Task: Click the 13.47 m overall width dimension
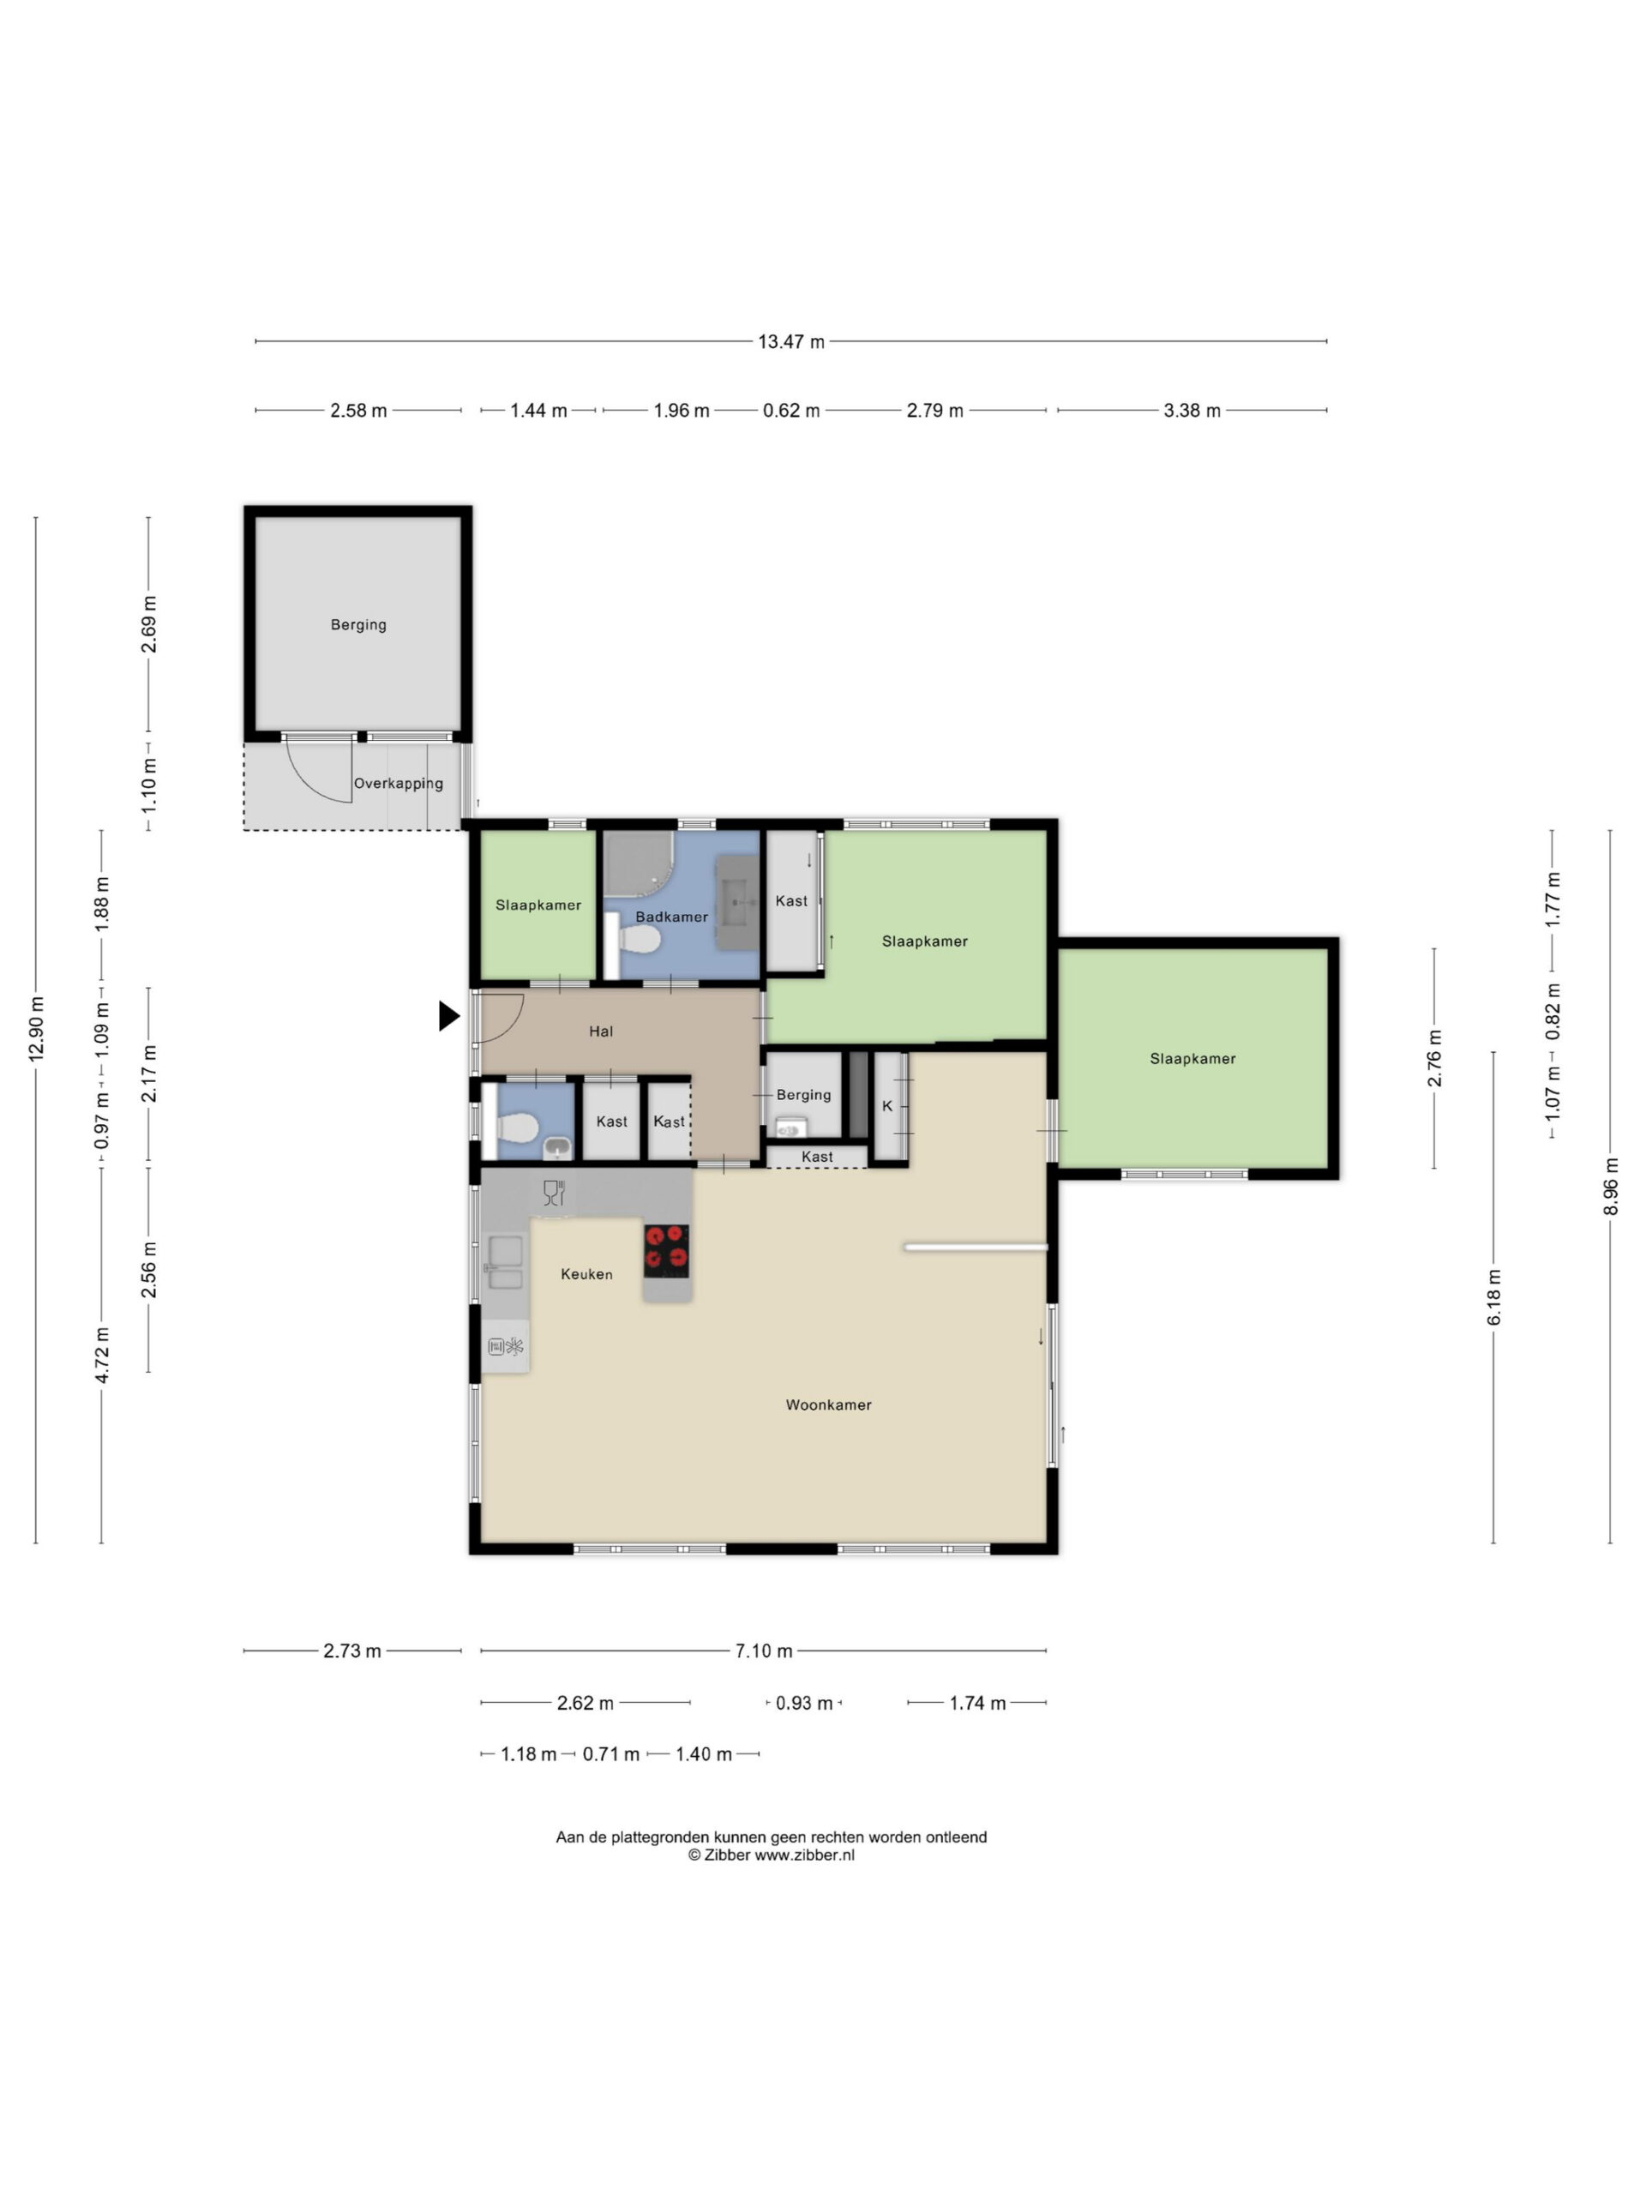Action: (790, 341)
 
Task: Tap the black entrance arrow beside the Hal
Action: (449, 1016)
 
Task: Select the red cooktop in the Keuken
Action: (667, 1250)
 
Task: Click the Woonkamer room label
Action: (828, 1404)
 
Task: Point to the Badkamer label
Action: (672, 916)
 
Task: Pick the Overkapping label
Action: (399, 783)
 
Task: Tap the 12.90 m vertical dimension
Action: (37, 1028)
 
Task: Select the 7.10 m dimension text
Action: (763, 1651)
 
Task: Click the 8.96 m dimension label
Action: (1610, 1186)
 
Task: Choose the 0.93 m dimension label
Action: (803, 1703)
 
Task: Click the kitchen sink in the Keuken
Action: (505, 1262)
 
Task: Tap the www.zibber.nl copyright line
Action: (771, 1855)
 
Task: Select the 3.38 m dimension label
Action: (1192, 410)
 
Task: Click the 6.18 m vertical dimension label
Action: (1493, 1296)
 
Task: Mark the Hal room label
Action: (601, 1031)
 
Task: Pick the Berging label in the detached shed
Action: (358, 624)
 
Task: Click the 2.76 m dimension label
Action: (1433, 1058)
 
